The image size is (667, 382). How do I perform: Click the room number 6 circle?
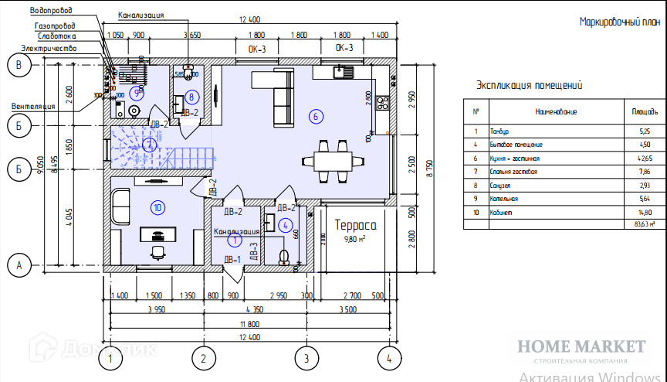(313, 117)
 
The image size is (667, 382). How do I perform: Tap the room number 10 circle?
(157, 206)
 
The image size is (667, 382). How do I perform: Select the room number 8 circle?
(192, 97)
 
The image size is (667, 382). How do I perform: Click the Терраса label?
(354, 226)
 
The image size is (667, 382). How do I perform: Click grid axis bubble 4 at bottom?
(388, 359)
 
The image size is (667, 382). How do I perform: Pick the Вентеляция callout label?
(33, 105)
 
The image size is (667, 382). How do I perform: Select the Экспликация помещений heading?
(529, 86)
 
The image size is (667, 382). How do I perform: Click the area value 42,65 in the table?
(639, 158)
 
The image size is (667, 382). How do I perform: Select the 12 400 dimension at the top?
(249, 19)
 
